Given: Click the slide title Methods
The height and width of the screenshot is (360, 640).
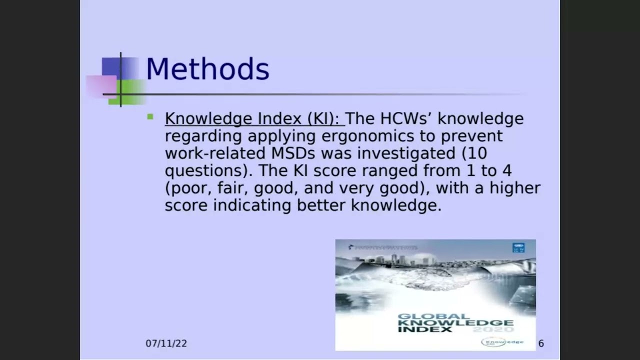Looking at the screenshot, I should click(x=207, y=69).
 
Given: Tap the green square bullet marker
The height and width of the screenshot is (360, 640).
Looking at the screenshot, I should click(x=150, y=117).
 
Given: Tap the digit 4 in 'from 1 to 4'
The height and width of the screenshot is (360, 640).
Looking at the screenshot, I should click(x=506, y=170).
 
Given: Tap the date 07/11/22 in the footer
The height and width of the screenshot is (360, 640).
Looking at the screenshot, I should click(x=166, y=343).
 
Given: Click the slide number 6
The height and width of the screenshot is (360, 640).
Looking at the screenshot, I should click(x=541, y=343).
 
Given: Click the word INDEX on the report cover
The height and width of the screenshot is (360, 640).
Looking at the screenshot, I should click(x=418, y=329).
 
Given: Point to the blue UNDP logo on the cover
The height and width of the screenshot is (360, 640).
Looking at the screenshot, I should click(x=518, y=247).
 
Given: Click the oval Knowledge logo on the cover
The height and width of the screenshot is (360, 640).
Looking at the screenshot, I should click(x=502, y=342).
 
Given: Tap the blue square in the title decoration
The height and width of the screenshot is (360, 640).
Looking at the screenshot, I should click(x=111, y=67).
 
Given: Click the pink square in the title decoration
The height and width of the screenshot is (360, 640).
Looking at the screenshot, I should click(x=101, y=86).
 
